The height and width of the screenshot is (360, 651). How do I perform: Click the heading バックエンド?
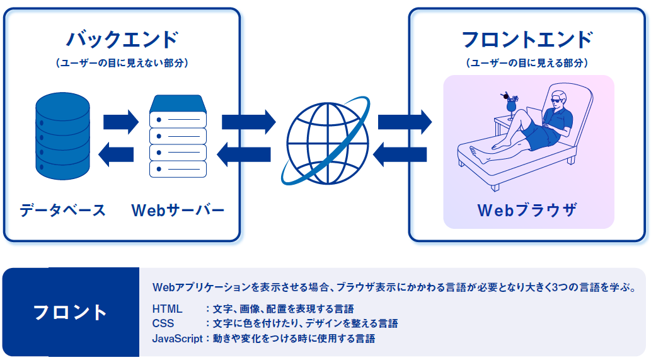pos(122,40)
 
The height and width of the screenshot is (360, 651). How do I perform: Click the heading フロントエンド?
pos(527,40)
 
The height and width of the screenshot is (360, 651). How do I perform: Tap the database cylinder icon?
pos(62,136)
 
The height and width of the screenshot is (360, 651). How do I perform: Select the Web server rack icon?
pos(178,136)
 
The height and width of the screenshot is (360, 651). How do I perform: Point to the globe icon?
pos(325,141)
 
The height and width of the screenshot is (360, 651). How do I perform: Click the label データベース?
pos(62,210)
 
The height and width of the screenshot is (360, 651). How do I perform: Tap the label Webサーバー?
pos(178,210)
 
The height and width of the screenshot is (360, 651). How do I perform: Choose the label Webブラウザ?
pos(527,210)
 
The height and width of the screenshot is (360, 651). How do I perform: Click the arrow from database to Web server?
pos(121,122)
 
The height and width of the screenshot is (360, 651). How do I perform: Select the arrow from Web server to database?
pos(116,154)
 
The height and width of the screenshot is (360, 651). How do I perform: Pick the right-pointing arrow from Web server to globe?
pos(249,122)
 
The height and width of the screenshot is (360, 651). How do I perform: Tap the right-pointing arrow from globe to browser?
pos(405,122)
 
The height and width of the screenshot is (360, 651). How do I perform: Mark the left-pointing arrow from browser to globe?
pos(400,154)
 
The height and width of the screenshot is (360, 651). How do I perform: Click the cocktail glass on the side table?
pos(510,107)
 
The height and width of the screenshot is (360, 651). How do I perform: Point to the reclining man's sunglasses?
pos(558,100)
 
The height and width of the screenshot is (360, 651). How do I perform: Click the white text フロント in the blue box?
pos(71,312)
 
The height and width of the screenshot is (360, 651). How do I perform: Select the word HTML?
pos(167,309)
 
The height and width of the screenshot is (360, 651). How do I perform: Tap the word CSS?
pos(163,323)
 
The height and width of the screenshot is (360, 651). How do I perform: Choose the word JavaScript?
pos(177,339)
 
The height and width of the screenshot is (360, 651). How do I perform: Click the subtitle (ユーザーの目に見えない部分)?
pos(122,62)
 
